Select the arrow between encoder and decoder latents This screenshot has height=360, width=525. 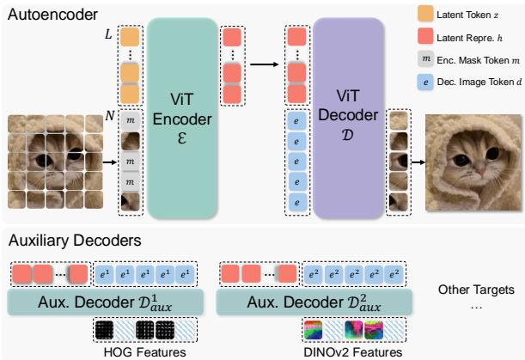coord(262,62)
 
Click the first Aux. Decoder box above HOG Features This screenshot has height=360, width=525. coord(106,301)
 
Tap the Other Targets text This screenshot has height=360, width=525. coord(475,290)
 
